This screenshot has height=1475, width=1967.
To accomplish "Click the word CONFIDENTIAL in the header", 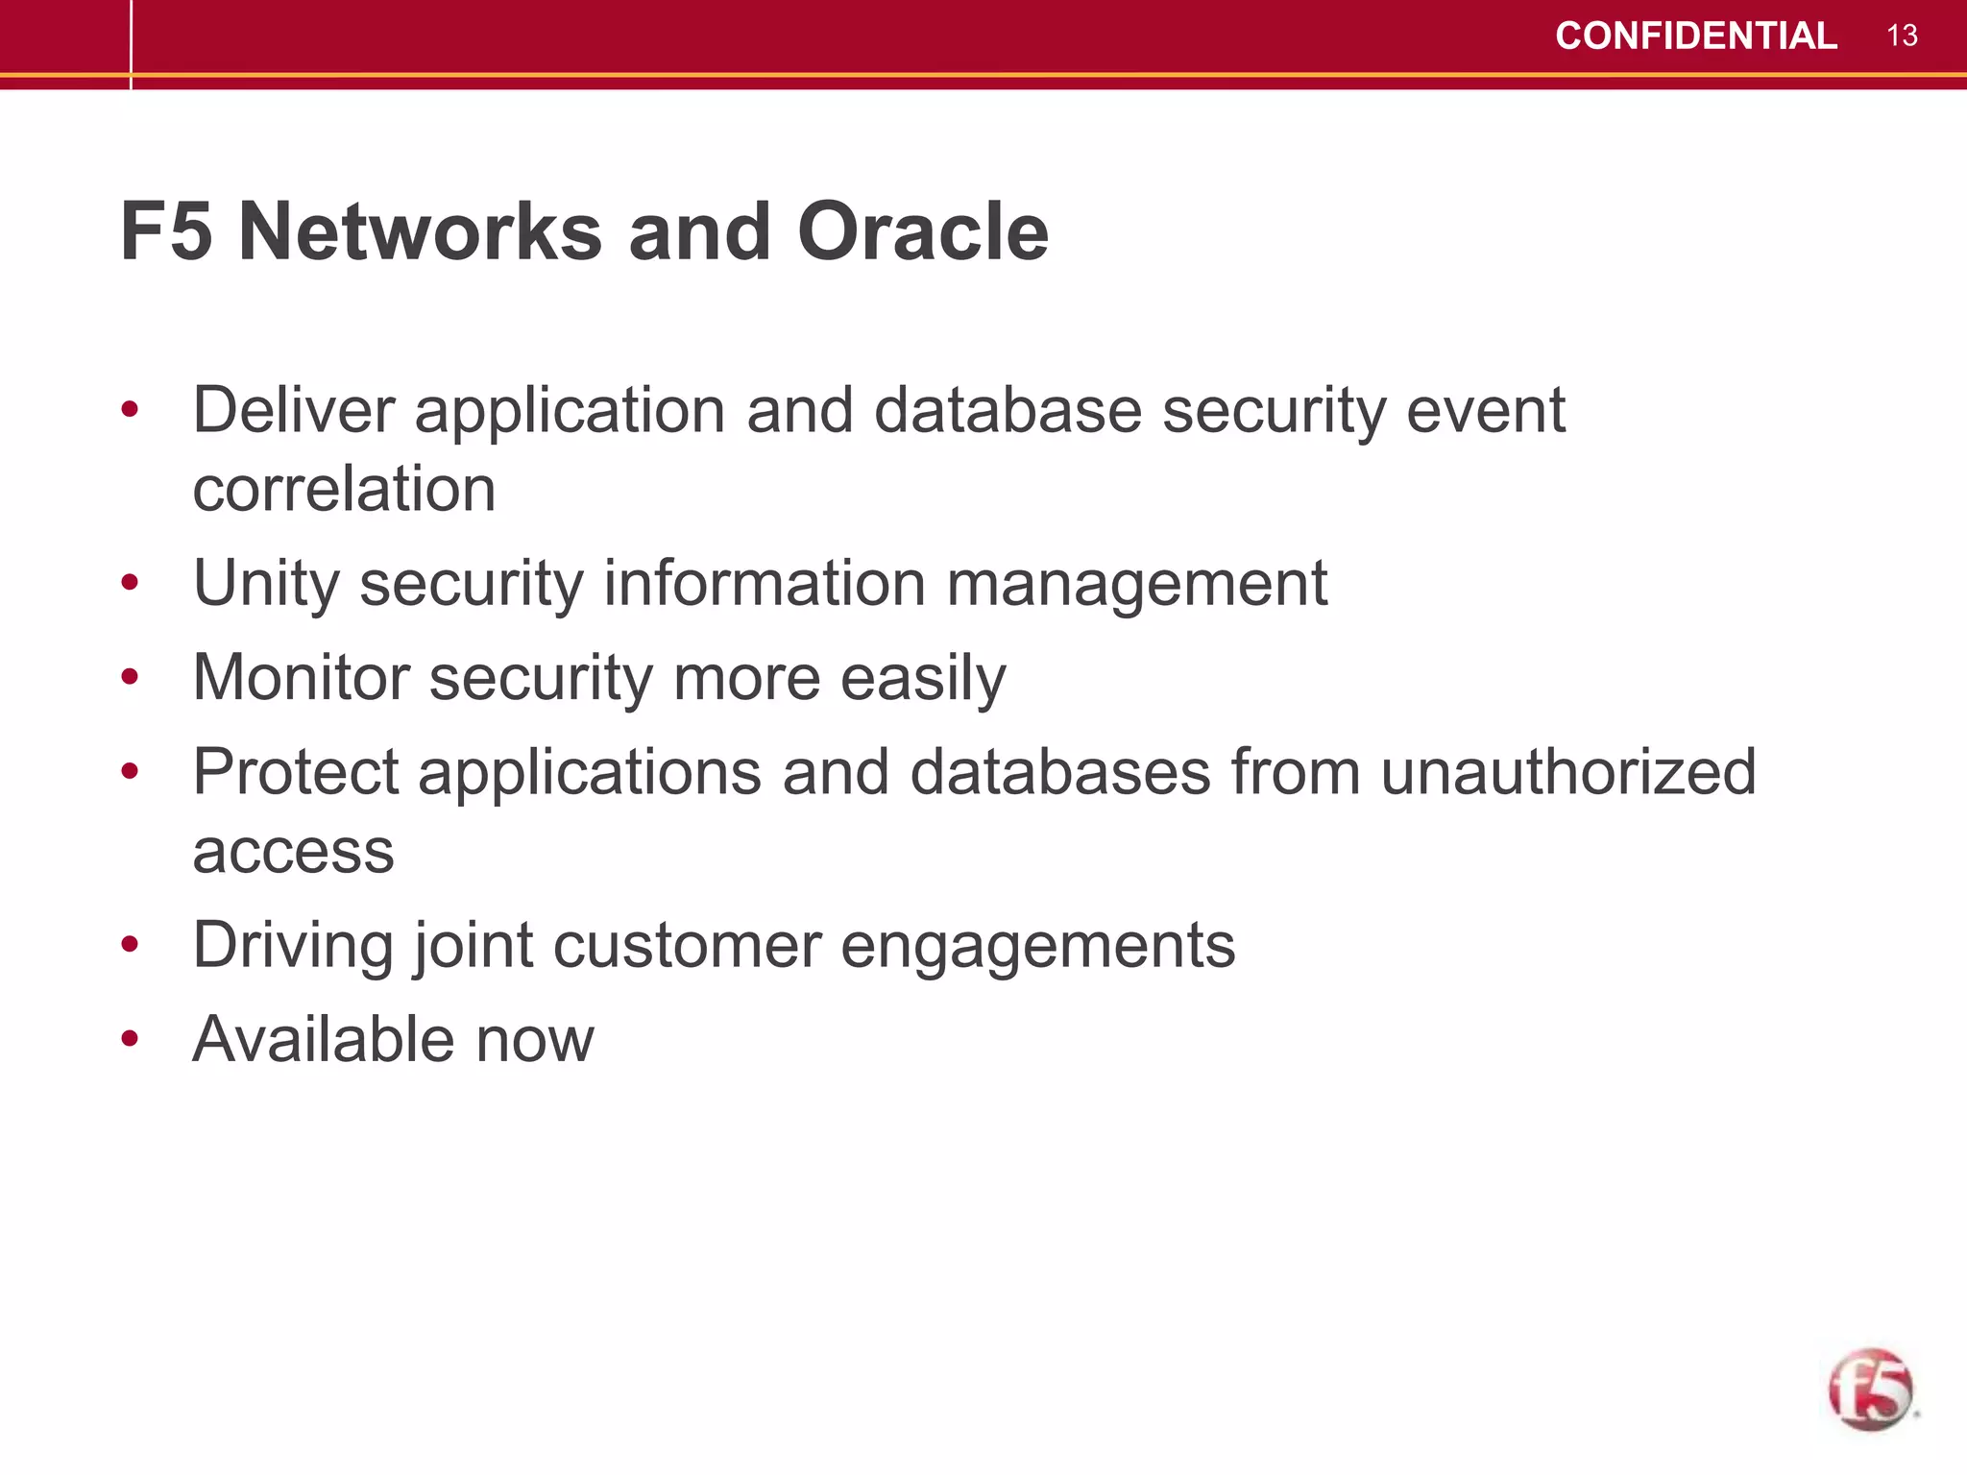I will click(x=1695, y=36).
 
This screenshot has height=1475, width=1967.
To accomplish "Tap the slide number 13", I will click(x=1902, y=36).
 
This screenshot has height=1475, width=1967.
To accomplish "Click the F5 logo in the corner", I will click(x=1870, y=1390).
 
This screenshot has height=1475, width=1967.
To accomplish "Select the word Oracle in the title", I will click(x=922, y=232).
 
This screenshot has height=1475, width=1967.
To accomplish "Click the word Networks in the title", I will click(x=421, y=232).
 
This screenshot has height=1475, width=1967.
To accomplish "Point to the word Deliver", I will click(x=293, y=411).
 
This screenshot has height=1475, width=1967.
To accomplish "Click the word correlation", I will click(x=344, y=490).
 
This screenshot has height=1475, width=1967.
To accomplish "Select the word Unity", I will click(x=266, y=584).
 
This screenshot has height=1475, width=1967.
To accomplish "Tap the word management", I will click(x=1136, y=584).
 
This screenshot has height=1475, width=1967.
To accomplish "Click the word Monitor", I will click(x=301, y=678).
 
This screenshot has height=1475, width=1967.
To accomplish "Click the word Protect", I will click(x=295, y=772).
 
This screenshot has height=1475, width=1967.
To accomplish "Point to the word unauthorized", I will click(x=1568, y=772).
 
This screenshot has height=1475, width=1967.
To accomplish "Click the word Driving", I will click(x=293, y=946).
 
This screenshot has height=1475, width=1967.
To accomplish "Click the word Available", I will click(x=324, y=1039).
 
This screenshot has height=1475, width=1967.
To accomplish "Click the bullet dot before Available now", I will click(x=131, y=1039).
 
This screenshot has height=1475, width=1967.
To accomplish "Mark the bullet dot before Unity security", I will click(x=131, y=583).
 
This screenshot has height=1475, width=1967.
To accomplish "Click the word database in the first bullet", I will click(x=1008, y=411).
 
